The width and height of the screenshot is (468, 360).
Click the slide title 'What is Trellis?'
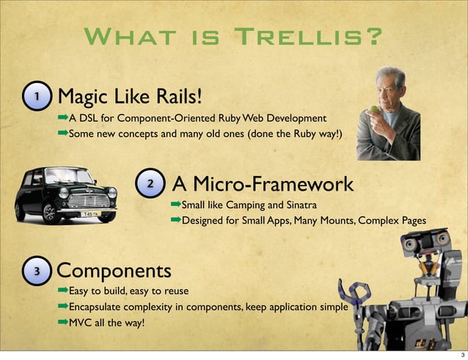[233, 36]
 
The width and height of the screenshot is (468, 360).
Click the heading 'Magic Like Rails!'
[128, 97]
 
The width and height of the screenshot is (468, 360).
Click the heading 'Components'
[114, 271]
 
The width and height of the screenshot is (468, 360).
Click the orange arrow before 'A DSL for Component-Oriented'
[62, 117]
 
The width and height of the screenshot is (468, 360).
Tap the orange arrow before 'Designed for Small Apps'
[175, 219]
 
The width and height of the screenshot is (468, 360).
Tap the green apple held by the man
[375, 110]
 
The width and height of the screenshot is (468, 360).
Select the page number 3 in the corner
[458, 352]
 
